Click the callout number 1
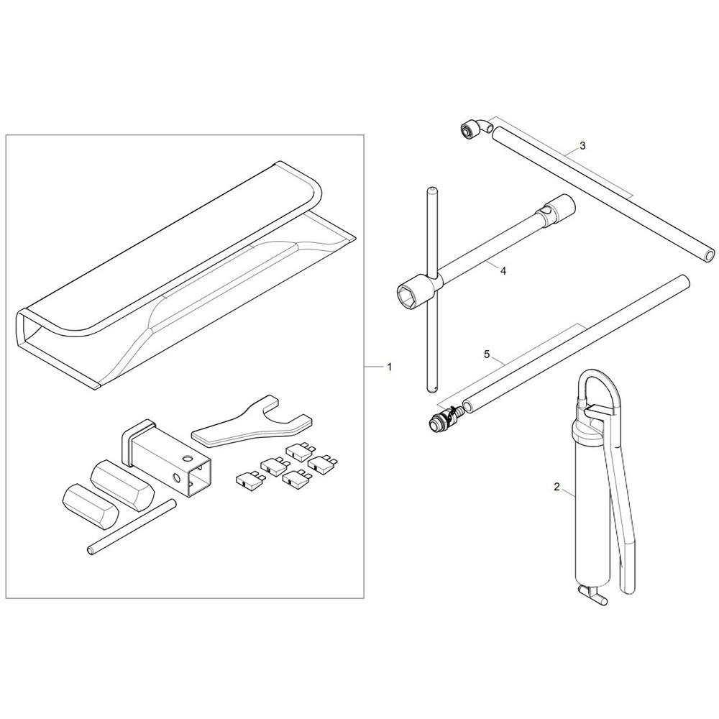(389, 367)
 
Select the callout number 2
(557, 487)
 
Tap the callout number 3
(582, 146)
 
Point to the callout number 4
(503, 271)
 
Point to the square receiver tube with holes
(169, 459)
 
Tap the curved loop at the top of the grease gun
(600, 388)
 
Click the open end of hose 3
(710, 255)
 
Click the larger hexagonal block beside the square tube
(122, 485)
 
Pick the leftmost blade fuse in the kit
(247, 480)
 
